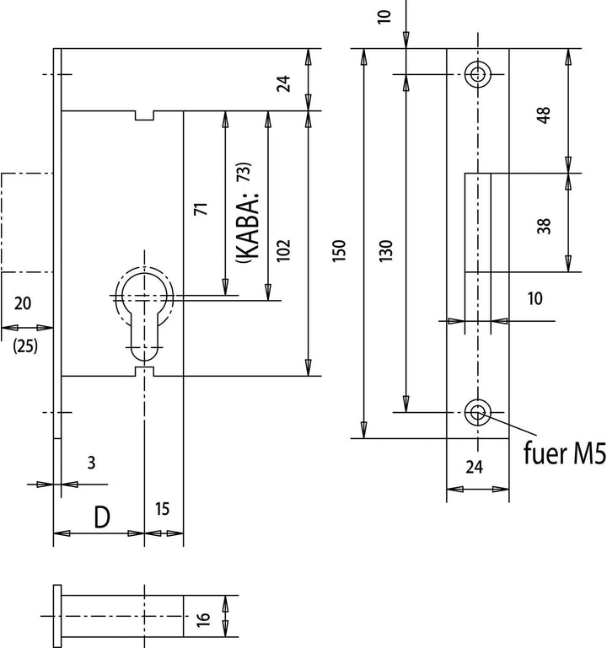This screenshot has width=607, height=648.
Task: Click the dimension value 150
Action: click(339, 250)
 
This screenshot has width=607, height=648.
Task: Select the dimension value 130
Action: click(385, 250)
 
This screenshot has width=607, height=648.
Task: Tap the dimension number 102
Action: click(283, 250)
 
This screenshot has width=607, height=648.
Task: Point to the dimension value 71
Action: click(201, 209)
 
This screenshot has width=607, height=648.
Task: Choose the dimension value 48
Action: click(544, 115)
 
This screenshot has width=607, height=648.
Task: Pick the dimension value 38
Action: click(544, 226)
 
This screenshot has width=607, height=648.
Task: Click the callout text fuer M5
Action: click(564, 453)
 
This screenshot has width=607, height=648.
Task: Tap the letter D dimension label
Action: click(102, 517)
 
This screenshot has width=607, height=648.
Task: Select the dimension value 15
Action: click(162, 509)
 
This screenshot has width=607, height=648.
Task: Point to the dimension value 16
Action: click(203, 619)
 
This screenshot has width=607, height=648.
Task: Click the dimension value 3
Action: click(91, 463)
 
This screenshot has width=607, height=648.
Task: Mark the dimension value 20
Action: click(22, 303)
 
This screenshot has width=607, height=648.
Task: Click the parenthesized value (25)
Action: click(25, 345)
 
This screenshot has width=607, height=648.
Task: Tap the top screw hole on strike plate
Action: click(478, 74)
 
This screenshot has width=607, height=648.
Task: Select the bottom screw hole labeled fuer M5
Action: click(478, 412)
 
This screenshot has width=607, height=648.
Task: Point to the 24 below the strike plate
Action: click(474, 467)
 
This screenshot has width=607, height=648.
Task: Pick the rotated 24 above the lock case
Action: click(283, 83)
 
